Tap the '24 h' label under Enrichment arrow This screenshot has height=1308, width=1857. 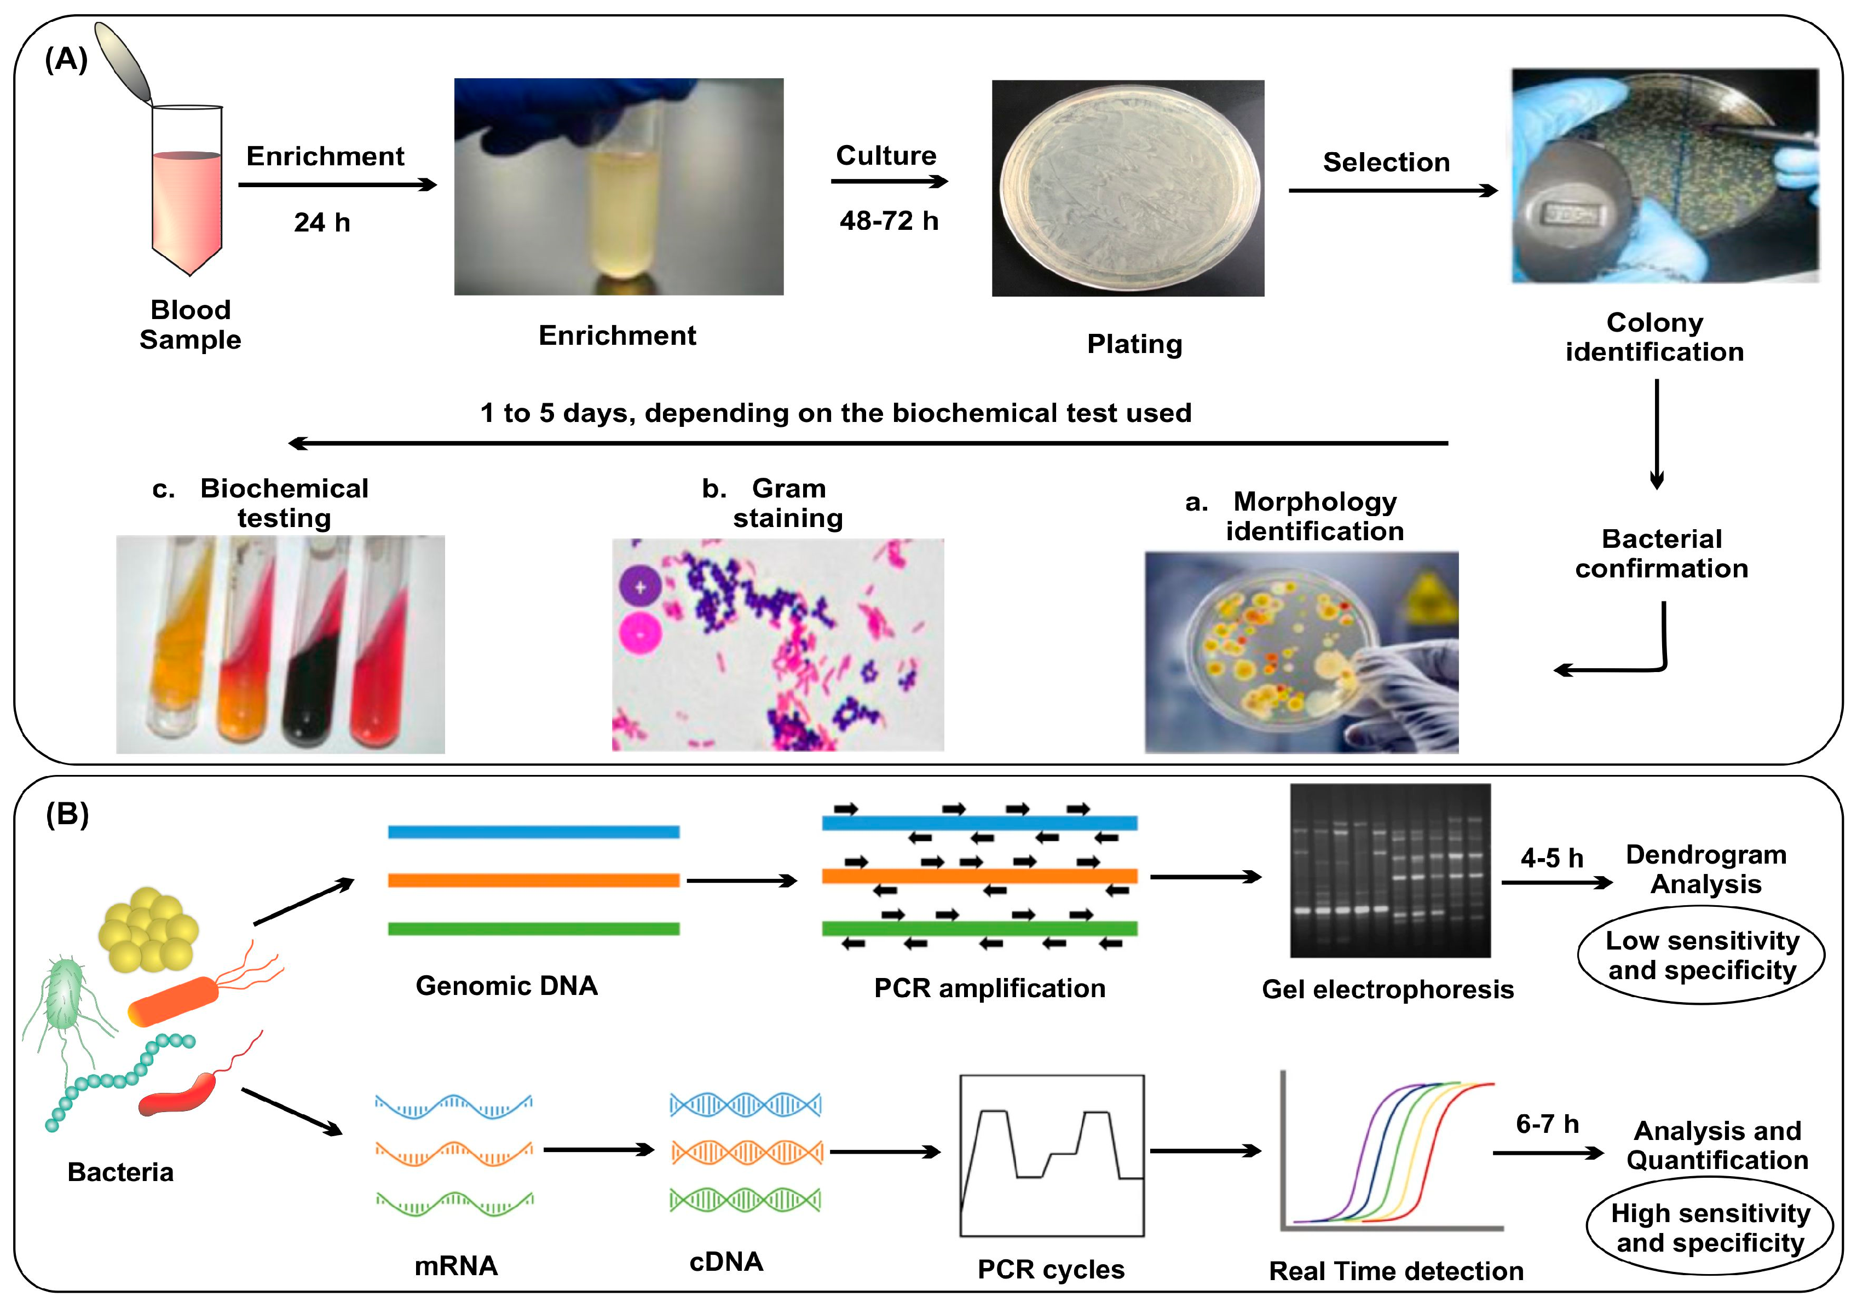322,222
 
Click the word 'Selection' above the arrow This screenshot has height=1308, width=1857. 1386,163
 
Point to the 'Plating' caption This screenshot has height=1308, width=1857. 1134,344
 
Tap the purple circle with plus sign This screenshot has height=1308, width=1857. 641,586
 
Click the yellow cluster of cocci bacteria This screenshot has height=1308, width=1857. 148,930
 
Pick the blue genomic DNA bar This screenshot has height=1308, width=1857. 533,832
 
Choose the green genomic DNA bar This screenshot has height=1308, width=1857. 533,929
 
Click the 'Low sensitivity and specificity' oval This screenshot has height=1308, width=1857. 1701,954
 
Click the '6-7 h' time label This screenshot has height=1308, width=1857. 1547,1124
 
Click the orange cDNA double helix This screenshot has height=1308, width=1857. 746,1152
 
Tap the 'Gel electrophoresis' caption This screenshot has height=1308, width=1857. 1387,989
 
